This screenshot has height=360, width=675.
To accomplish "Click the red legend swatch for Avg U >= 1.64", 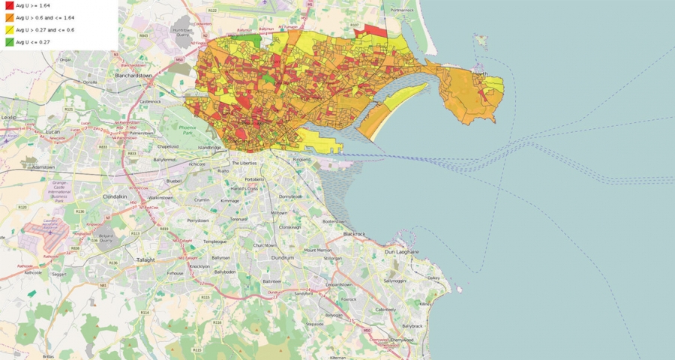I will (x=9, y=5).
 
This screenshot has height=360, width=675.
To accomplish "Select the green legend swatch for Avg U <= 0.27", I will (x=9, y=43).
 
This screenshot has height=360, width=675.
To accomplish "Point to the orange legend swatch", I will (x=9, y=17).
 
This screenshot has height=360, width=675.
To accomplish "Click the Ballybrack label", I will (x=412, y=326).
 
